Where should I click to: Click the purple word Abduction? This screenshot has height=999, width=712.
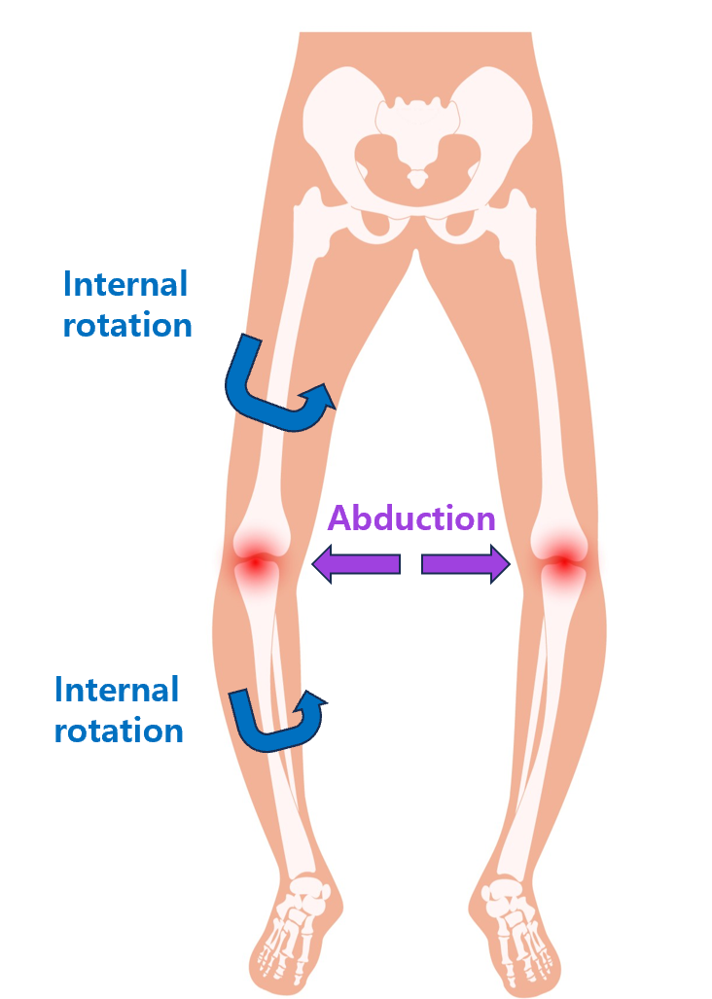(x=411, y=517)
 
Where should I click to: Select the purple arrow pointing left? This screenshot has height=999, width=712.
(x=355, y=564)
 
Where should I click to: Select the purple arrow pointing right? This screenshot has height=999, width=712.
(x=466, y=564)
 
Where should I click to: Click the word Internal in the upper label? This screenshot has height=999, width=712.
(x=125, y=284)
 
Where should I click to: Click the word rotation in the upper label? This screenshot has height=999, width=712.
(x=127, y=325)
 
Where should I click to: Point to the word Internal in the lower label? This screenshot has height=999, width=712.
(x=117, y=690)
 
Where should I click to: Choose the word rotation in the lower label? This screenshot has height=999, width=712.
(x=119, y=731)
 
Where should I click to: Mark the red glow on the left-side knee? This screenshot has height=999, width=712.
(x=256, y=562)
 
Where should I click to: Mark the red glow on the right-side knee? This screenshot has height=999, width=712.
(x=563, y=562)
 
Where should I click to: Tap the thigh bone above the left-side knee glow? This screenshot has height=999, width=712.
(x=290, y=370)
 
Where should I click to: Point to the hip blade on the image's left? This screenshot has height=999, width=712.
(x=335, y=127)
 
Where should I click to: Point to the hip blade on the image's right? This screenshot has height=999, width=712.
(x=500, y=127)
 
